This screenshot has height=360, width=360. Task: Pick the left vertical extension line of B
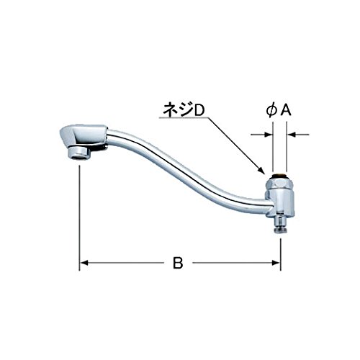tap(79, 216)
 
